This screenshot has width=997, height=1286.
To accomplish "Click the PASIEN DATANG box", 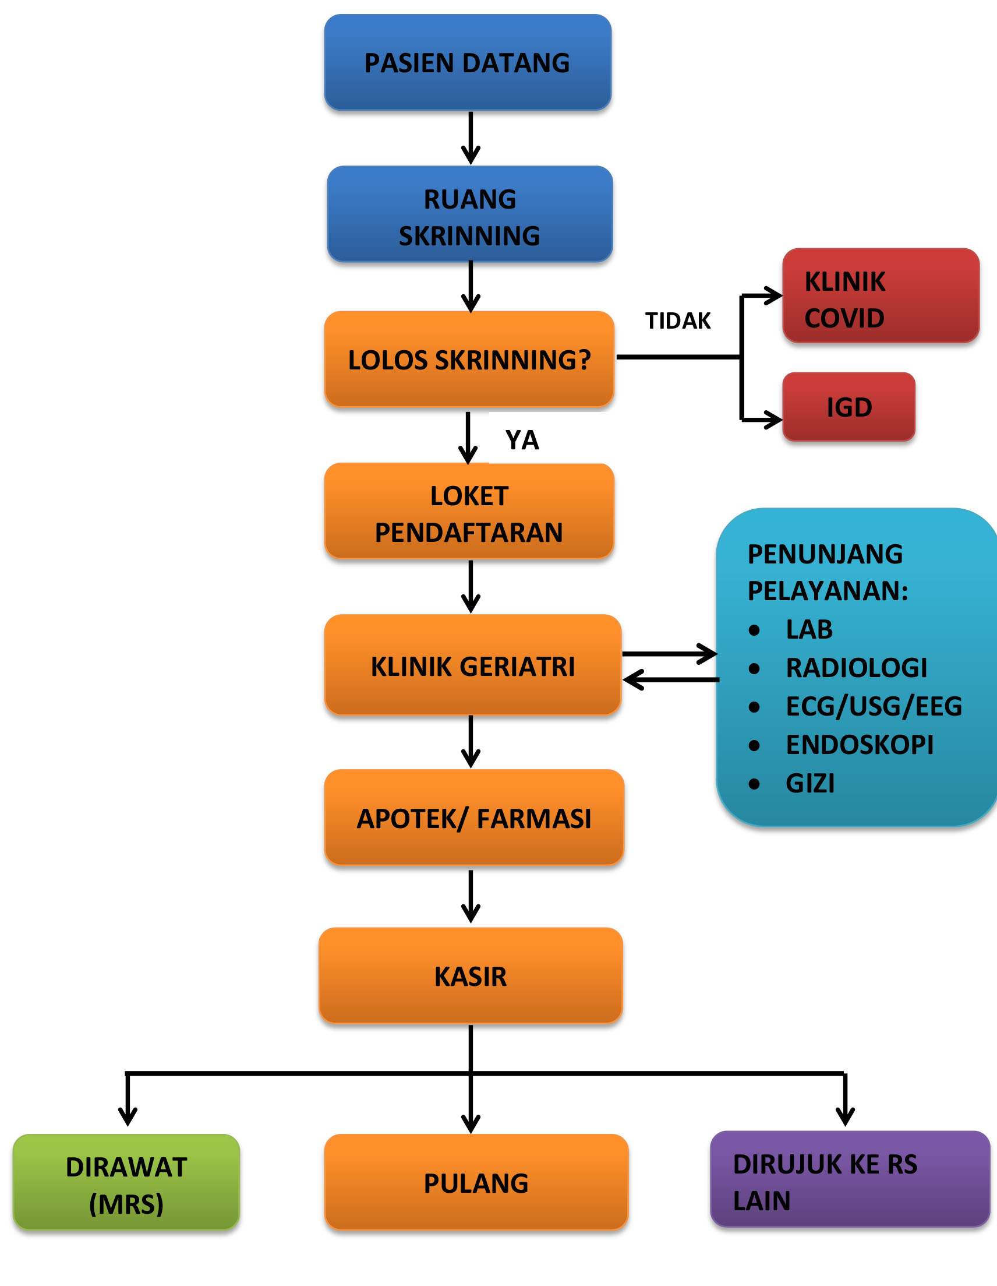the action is (x=468, y=62).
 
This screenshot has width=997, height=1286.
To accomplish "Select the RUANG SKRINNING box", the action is (x=469, y=214).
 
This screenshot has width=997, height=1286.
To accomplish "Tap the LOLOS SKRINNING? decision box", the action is (x=469, y=359).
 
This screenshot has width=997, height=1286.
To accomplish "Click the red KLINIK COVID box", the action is (x=881, y=295).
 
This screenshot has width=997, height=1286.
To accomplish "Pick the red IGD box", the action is (x=848, y=407).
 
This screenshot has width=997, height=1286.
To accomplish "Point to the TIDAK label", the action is (x=678, y=321).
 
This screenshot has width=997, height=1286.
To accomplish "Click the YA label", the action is (x=522, y=440).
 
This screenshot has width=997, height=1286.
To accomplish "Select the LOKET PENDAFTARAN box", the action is (x=469, y=511).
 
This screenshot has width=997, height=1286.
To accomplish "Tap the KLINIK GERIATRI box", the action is (x=473, y=665).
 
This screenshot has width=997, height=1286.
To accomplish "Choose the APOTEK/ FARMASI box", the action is (x=474, y=818).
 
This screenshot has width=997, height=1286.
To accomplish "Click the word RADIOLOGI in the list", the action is (x=856, y=668).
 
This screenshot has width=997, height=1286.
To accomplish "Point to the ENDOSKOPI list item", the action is (x=860, y=745).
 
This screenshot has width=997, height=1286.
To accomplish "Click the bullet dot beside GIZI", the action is (x=754, y=784).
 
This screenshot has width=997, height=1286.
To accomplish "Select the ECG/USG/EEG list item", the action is (x=874, y=707).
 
